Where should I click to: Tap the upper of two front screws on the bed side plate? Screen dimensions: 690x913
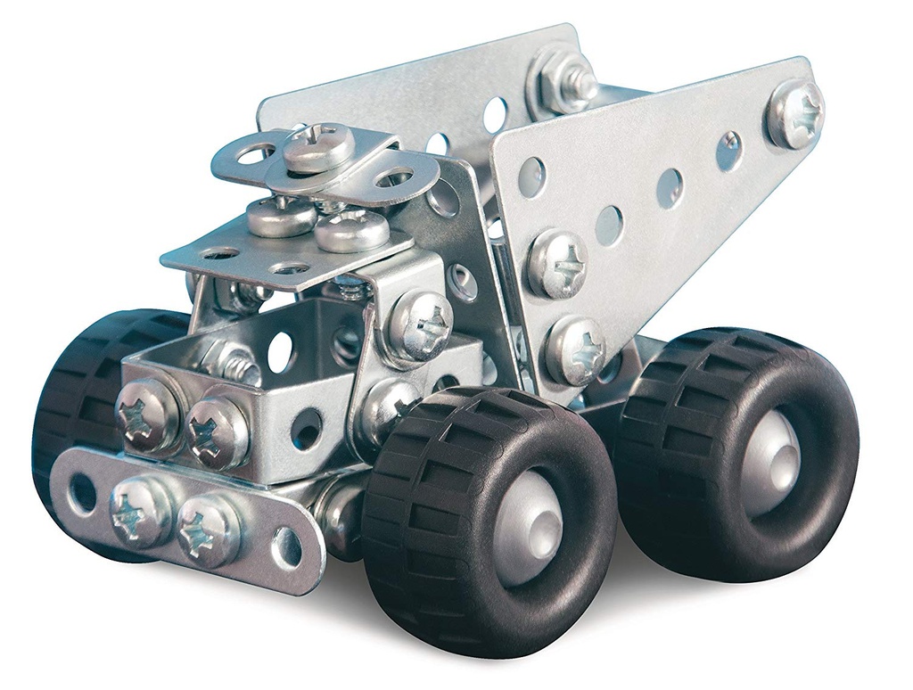click(x=557, y=264)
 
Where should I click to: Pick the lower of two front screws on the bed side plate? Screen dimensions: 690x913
click(x=575, y=350)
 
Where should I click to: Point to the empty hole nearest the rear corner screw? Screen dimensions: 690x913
click(x=729, y=152)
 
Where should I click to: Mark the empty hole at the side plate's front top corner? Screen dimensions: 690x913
click(x=531, y=177)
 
